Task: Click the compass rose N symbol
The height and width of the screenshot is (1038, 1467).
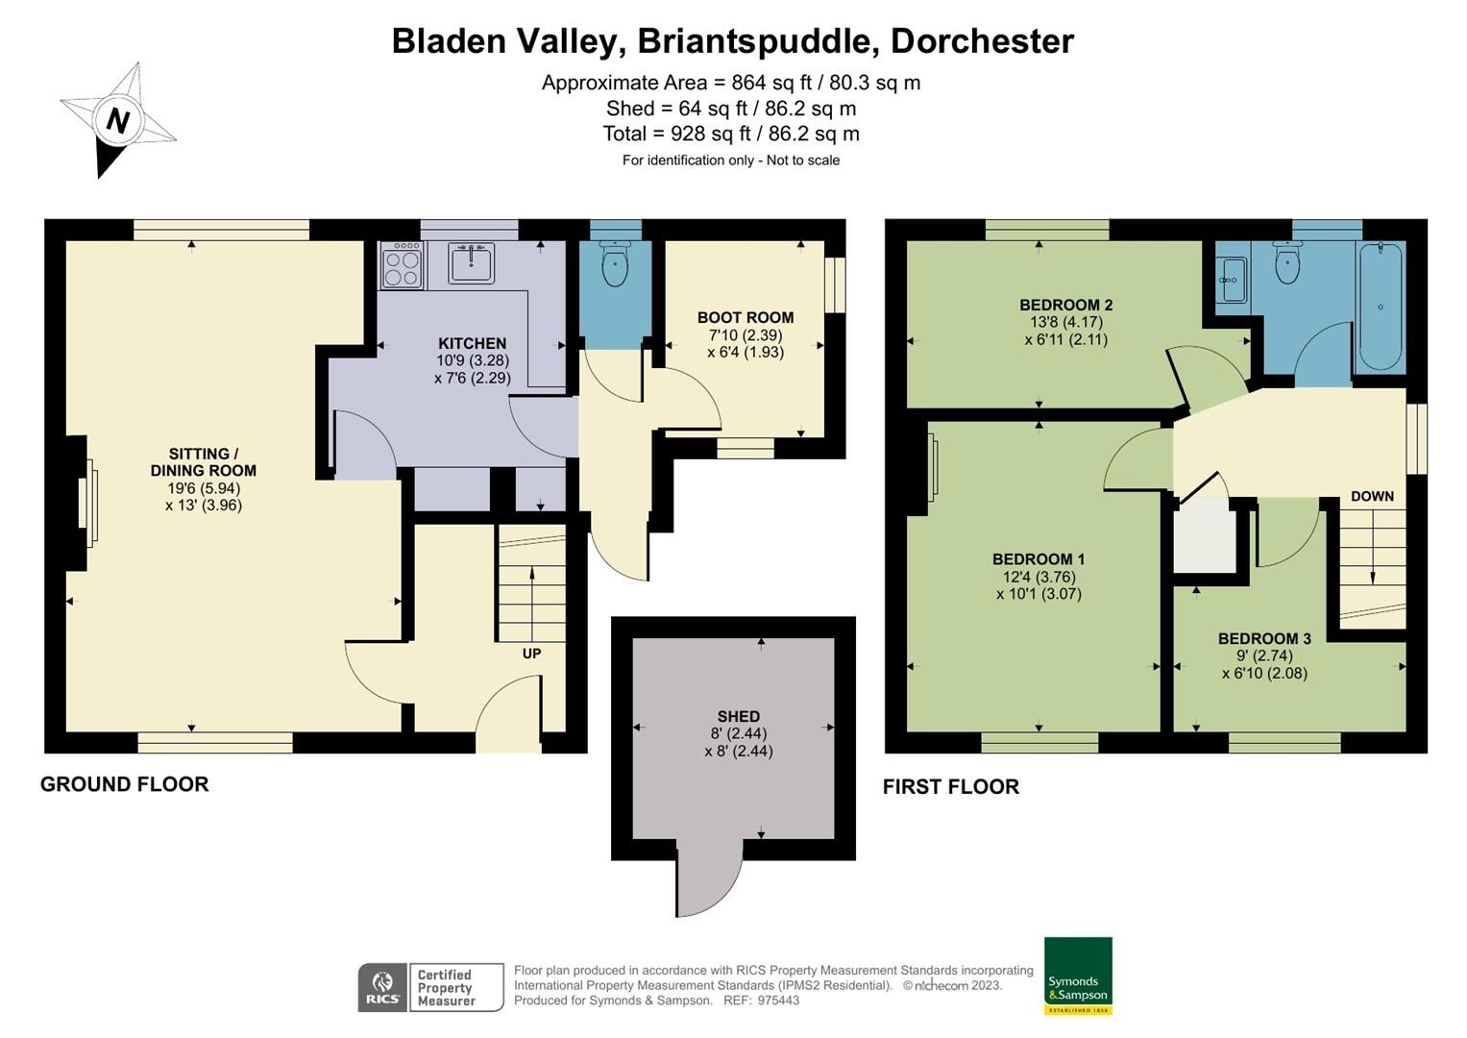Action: pyautogui.click(x=118, y=120)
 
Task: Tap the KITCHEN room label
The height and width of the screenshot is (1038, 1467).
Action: pyautogui.click(x=472, y=343)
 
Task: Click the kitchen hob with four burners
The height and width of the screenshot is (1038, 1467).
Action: pyautogui.click(x=403, y=265)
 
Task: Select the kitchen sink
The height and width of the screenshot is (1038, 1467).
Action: pyautogui.click(x=472, y=263)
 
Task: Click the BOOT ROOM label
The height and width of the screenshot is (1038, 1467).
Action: pyautogui.click(x=746, y=317)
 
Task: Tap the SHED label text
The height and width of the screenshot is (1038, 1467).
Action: pyautogui.click(x=738, y=716)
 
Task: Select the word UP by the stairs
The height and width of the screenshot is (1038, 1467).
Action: pyautogui.click(x=531, y=654)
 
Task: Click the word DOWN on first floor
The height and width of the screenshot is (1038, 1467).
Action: pyautogui.click(x=1372, y=496)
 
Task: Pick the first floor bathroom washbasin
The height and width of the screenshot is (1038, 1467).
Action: pyautogui.click(x=1231, y=280)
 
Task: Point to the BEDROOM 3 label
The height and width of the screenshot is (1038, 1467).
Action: pyautogui.click(x=1264, y=638)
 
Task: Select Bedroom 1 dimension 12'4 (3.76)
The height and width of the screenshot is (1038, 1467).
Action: pyautogui.click(x=1039, y=577)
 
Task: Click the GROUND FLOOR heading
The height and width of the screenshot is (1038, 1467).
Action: pyautogui.click(x=125, y=784)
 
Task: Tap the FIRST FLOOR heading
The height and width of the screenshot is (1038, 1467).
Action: pyautogui.click(x=951, y=787)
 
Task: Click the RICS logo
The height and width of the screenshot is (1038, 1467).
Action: pyautogui.click(x=382, y=987)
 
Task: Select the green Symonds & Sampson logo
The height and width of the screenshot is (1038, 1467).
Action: pyautogui.click(x=1078, y=976)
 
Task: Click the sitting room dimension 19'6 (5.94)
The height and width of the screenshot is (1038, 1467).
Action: pyautogui.click(x=204, y=488)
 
